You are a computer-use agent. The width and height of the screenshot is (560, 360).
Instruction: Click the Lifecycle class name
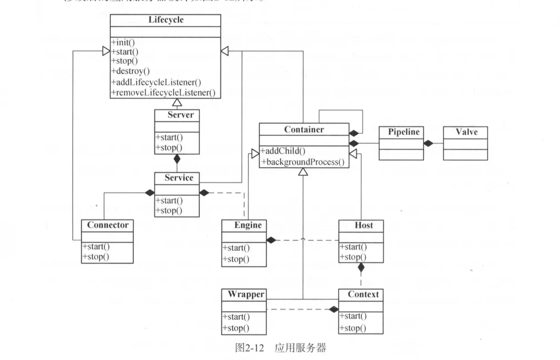coord(166,20)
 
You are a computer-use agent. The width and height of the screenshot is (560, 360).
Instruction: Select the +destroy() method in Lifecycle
coord(130,71)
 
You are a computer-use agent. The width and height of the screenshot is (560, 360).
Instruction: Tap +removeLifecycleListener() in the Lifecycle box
coord(163,92)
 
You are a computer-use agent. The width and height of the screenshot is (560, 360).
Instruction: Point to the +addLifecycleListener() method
coord(156,82)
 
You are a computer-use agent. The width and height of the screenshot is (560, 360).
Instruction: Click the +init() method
coord(123,42)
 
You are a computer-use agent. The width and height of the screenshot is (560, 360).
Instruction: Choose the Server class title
coord(180,115)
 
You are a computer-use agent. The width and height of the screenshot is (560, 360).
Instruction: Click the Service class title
coord(179,178)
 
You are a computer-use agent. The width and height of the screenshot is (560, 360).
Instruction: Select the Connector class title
coord(108,225)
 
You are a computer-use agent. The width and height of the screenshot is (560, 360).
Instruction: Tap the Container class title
coord(304,130)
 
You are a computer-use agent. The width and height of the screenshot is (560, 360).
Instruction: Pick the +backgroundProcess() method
coord(302,162)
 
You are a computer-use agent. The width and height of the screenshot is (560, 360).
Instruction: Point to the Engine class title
coord(248,225)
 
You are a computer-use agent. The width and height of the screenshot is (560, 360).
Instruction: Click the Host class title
coord(363,225)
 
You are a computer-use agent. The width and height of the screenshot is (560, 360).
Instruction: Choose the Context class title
coord(363,294)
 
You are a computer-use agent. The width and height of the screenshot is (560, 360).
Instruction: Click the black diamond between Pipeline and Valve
coord(428,143)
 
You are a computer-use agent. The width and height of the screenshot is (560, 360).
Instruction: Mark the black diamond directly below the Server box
coord(177,159)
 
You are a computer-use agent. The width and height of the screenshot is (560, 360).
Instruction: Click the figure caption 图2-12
coord(247,348)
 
